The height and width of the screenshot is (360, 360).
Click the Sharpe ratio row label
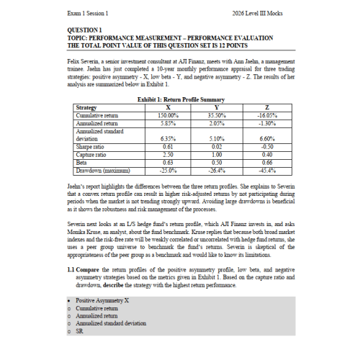coord(90,146)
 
